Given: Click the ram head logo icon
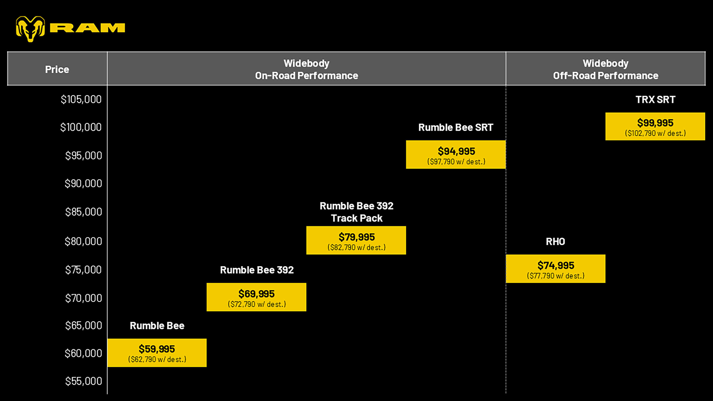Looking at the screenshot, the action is [30, 29].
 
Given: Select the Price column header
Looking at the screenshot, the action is [57, 69].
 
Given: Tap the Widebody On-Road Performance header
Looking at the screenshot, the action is [306, 69].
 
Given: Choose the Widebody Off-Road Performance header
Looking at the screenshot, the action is [606, 69].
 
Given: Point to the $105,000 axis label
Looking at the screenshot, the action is [81, 99].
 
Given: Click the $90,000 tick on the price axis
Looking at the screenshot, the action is [83, 183].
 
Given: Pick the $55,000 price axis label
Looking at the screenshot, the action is [84, 381].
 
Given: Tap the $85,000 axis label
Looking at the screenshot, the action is [84, 212].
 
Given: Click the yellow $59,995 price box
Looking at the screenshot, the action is [157, 353].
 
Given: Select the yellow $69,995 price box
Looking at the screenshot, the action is [256, 297].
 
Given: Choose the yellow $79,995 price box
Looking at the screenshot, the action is [356, 240].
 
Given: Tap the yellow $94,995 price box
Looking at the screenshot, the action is [456, 154].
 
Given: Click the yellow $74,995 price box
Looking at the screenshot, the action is [555, 269].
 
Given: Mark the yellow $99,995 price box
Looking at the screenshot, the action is [655, 126].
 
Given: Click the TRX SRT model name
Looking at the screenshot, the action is [655, 100].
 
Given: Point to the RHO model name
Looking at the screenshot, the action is [555, 242].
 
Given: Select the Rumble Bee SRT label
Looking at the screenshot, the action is [456, 128].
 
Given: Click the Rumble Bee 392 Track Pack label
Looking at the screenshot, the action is [356, 212].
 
